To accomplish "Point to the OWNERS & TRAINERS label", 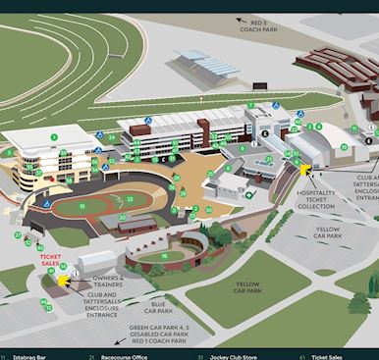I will coord(107,281).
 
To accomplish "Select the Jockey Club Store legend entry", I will coord(231,355).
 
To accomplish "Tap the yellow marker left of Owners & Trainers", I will coord(64,281).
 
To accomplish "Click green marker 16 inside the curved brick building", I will coord(164,256).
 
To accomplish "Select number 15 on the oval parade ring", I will coord(82,206).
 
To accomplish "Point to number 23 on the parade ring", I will coord(132,199).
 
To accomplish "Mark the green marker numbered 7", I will coord(250,105).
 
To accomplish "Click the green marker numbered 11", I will coord(353,129).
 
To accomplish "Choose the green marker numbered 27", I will coord(18,235).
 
